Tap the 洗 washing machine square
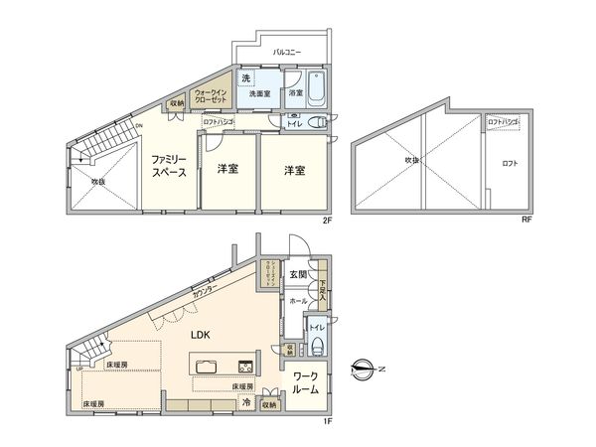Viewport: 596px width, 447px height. pyautogui.click(x=245, y=78)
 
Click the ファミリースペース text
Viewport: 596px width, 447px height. pyautogui.click(x=171, y=166)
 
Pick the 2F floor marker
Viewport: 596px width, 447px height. pyautogui.click(x=326, y=220)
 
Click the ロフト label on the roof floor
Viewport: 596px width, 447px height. pyautogui.click(x=510, y=163)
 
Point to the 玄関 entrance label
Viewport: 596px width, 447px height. pyautogui.click(x=298, y=273)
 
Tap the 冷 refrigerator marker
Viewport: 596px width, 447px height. pyautogui.click(x=245, y=404)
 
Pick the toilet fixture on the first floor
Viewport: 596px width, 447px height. pyautogui.click(x=316, y=345)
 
